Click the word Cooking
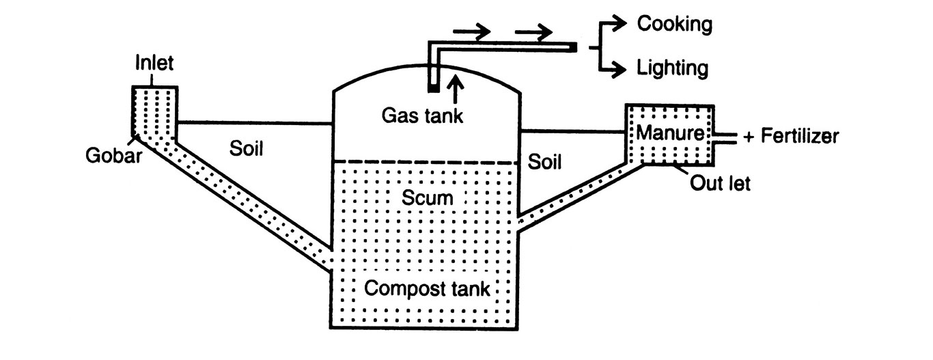[x=674, y=25]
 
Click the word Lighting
[x=672, y=68]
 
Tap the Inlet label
[x=155, y=64]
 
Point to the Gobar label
[x=113, y=156]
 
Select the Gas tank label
[x=422, y=114]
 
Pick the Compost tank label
[x=427, y=288]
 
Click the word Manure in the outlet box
[x=669, y=133]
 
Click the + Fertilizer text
[x=790, y=137]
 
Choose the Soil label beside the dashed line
[x=544, y=162]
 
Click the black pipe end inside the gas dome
[x=432, y=87]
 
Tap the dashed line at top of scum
[x=424, y=163]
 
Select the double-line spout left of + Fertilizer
[x=726, y=137]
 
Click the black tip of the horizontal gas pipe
[x=573, y=47]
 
